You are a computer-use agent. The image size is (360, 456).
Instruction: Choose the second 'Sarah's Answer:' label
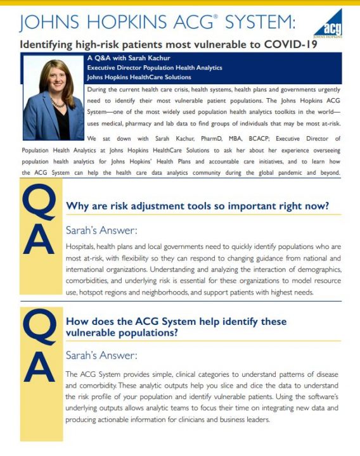[101, 356]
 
